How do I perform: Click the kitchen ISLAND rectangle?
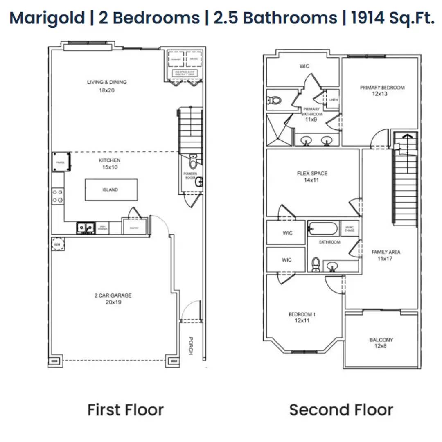[111, 190]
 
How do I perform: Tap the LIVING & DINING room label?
[107, 86]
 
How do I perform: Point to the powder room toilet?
[193, 162]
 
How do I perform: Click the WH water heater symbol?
[56, 244]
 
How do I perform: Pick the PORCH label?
[190, 346]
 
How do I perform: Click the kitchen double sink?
[86, 228]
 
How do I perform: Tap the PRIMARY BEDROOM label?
[382, 90]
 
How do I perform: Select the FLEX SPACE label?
[312, 176]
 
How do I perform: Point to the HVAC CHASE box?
[350, 229]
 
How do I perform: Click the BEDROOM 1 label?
[302, 318]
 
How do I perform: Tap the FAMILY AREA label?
[386, 255]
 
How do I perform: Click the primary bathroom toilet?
[274, 99]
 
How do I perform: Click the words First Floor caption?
[126, 410]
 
